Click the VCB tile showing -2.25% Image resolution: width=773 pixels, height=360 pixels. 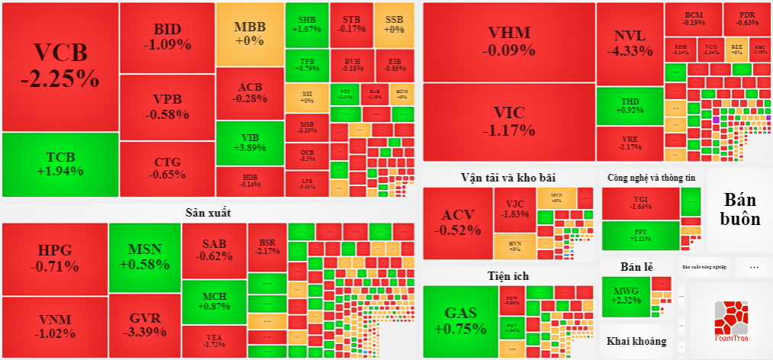[60, 66]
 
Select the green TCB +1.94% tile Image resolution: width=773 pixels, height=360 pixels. [60, 164]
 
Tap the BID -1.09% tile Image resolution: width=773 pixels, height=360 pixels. [167, 37]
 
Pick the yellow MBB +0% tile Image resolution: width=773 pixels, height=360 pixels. [250, 34]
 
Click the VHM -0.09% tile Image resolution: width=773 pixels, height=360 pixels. [508, 42]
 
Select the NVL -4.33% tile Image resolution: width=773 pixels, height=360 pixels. [630, 43]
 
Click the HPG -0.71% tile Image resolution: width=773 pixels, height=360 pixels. [54, 258]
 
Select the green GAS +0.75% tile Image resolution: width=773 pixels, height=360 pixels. [459, 321]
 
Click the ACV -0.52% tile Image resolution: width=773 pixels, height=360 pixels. [458, 222]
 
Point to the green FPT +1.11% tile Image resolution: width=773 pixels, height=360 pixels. [639, 235]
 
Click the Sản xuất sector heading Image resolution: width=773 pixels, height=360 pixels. [208, 212]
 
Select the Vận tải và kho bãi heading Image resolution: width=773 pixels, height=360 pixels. [507, 177]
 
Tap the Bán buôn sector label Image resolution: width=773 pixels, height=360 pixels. [741, 209]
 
